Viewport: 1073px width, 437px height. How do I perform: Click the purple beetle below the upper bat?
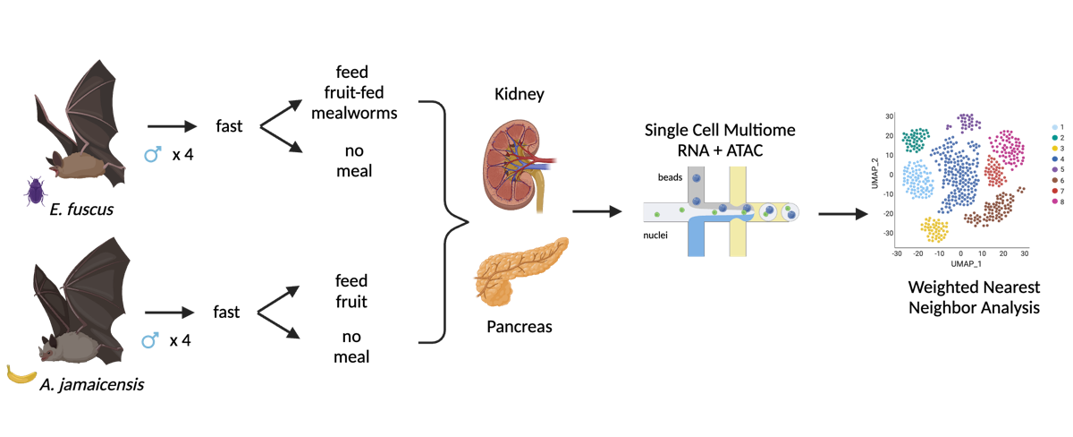point(36,191)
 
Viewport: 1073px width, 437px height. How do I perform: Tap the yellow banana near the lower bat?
point(21,374)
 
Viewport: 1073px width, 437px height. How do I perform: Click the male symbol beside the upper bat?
point(153,155)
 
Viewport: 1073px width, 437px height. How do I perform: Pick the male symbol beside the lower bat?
point(150,340)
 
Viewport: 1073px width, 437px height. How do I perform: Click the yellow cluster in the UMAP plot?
point(935,230)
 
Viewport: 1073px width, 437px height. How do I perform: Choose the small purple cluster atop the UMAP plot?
point(966,121)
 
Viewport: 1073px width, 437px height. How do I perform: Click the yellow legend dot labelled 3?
point(1056,147)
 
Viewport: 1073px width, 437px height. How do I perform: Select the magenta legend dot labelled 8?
point(1056,201)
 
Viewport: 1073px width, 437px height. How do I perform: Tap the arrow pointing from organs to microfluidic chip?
point(596,212)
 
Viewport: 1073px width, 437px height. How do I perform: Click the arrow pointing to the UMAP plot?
point(843,214)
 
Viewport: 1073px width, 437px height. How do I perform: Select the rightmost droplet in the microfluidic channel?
point(788,212)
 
